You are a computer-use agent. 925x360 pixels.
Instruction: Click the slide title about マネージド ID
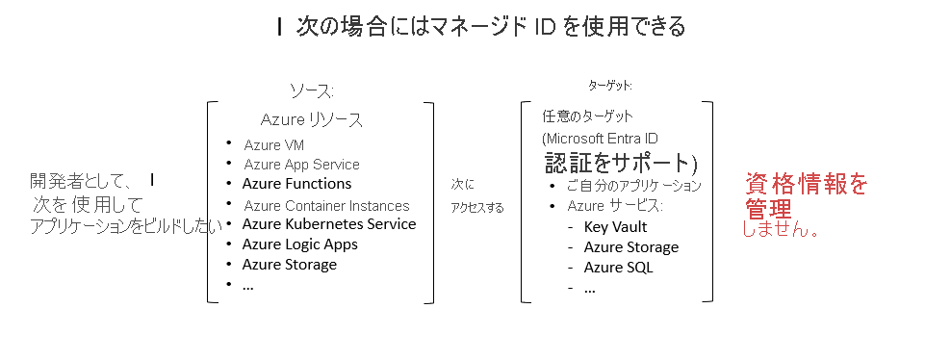coord(480,27)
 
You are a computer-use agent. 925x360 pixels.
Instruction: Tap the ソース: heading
coord(312,90)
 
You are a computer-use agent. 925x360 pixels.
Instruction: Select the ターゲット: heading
coord(610,86)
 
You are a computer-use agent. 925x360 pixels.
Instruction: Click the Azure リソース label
coord(312,120)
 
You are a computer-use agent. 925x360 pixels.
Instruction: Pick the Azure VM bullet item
coord(274,145)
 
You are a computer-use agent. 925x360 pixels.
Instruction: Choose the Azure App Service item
coord(301,165)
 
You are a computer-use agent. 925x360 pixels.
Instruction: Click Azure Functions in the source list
coord(296,184)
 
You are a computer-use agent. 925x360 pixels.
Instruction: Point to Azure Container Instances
coord(326,205)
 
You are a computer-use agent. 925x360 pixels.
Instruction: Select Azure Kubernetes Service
coord(328,224)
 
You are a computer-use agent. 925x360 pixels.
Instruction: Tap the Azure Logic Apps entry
coord(299,244)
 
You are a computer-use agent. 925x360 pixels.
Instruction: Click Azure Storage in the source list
coord(289,265)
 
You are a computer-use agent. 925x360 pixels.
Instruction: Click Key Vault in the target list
coord(615,227)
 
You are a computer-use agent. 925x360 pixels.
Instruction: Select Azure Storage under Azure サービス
coord(630,247)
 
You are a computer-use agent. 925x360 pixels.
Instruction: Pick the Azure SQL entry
coord(618,268)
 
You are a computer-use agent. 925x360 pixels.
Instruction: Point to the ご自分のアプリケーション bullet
coord(633,186)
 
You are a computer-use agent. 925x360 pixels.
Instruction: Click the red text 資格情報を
coord(806,183)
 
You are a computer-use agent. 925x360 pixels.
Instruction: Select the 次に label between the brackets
coord(463,184)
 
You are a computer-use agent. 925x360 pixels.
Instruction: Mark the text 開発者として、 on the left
coord(86,180)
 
